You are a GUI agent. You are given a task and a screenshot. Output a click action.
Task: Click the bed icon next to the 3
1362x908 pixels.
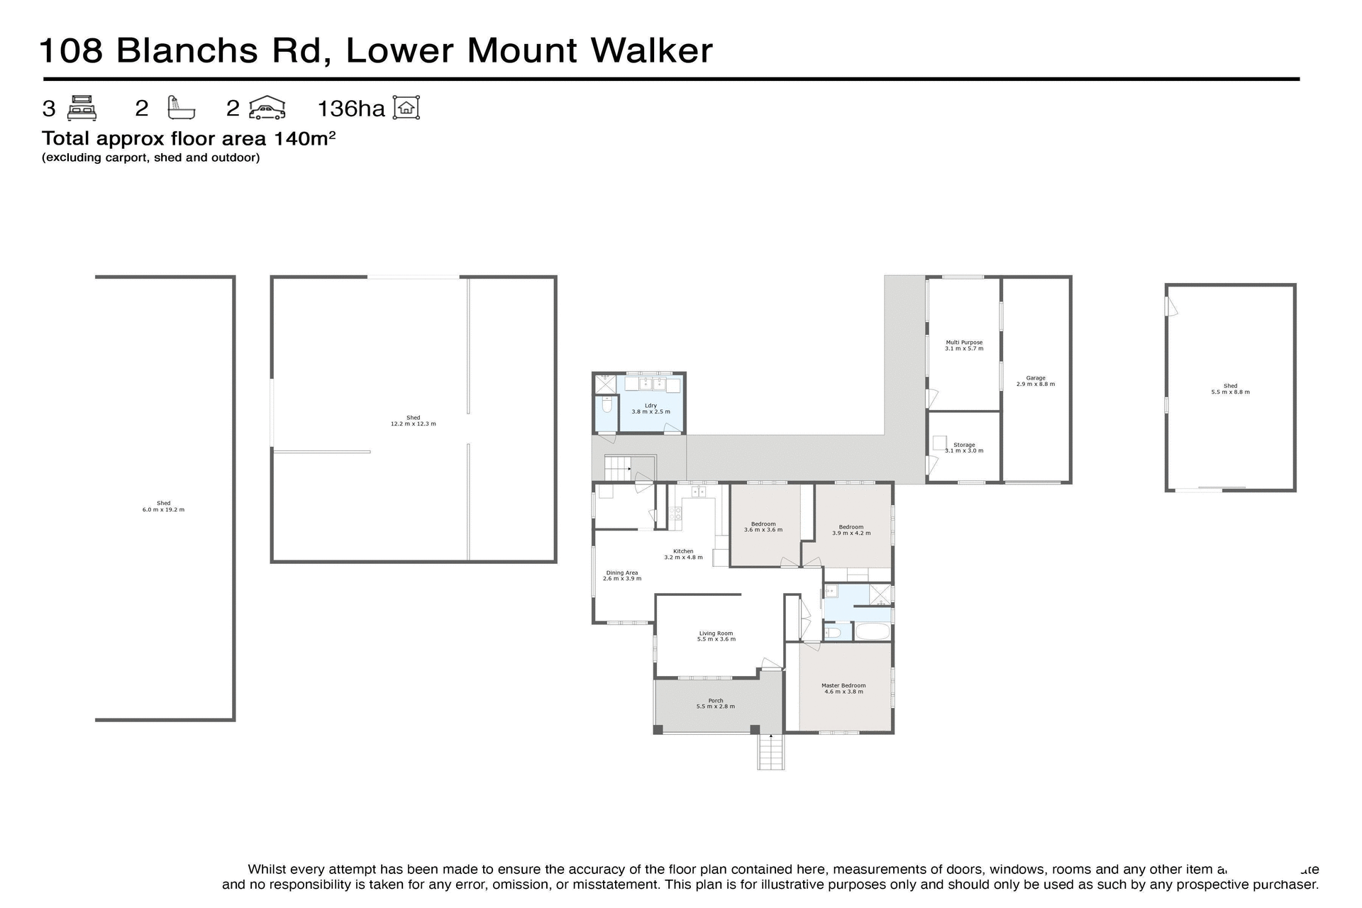(x=82, y=108)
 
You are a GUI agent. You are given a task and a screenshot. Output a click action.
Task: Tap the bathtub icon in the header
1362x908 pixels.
(x=180, y=108)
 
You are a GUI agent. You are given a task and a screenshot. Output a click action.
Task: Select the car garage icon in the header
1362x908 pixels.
(x=267, y=108)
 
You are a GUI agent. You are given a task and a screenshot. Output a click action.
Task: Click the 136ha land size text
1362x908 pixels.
(x=350, y=109)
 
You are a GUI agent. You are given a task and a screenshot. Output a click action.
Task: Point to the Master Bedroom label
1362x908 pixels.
(x=843, y=688)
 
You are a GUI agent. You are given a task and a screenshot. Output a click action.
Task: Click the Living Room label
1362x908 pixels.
(x=716, y=636)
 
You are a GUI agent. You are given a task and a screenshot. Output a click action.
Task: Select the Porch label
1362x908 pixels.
(x=716, y=703)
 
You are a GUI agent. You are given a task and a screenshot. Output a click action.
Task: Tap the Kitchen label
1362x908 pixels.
(x=683, y=554)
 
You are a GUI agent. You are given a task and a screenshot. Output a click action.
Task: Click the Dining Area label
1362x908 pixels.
(x=622, y=575)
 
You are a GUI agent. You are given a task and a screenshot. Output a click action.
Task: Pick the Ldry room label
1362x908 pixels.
(x=650, y=409)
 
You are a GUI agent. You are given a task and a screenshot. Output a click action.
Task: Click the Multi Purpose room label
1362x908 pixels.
(x=964, y=345)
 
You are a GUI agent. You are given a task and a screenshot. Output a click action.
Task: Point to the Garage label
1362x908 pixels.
(x=1035, y=381)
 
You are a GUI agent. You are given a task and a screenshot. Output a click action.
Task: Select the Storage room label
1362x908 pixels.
(x=964, y=448)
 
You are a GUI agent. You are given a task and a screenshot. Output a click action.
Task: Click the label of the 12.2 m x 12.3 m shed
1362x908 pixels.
(x=413, y=421)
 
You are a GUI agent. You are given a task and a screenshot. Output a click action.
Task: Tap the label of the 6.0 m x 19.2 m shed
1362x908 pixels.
(x=163, y=506)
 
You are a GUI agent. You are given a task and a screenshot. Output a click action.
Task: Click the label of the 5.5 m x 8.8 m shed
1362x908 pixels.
(x=1230, y=389)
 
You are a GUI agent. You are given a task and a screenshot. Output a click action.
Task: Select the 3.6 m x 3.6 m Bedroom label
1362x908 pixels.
(x=763, y=526)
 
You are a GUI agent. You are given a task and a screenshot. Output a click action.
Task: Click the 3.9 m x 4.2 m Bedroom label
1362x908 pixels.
(x=851, y=529)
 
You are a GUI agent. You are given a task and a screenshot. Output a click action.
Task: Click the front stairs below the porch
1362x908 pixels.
(x=771, y=753)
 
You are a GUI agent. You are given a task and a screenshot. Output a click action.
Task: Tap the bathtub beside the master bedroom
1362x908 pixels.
(x=872, y=631)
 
